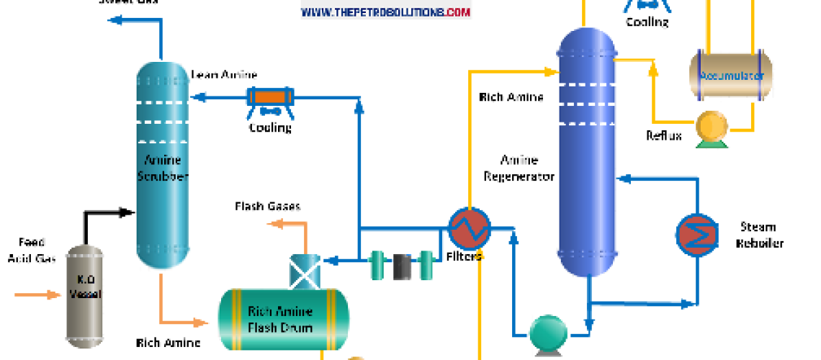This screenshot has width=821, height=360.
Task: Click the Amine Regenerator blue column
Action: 588,144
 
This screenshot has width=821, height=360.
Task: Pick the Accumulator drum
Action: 730,75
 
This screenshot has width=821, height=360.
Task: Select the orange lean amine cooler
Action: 270,97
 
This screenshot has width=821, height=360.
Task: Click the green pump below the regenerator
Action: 551,333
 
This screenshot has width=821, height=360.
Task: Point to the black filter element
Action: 402,266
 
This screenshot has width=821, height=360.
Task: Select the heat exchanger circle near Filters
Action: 468,230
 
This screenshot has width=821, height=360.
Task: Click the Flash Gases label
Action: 267,207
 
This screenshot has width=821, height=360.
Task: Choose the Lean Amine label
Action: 224,75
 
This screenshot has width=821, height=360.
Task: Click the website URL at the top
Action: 385,12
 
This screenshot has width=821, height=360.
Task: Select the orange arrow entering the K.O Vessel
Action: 40,294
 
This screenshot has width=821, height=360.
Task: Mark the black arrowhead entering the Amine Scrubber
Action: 129,212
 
